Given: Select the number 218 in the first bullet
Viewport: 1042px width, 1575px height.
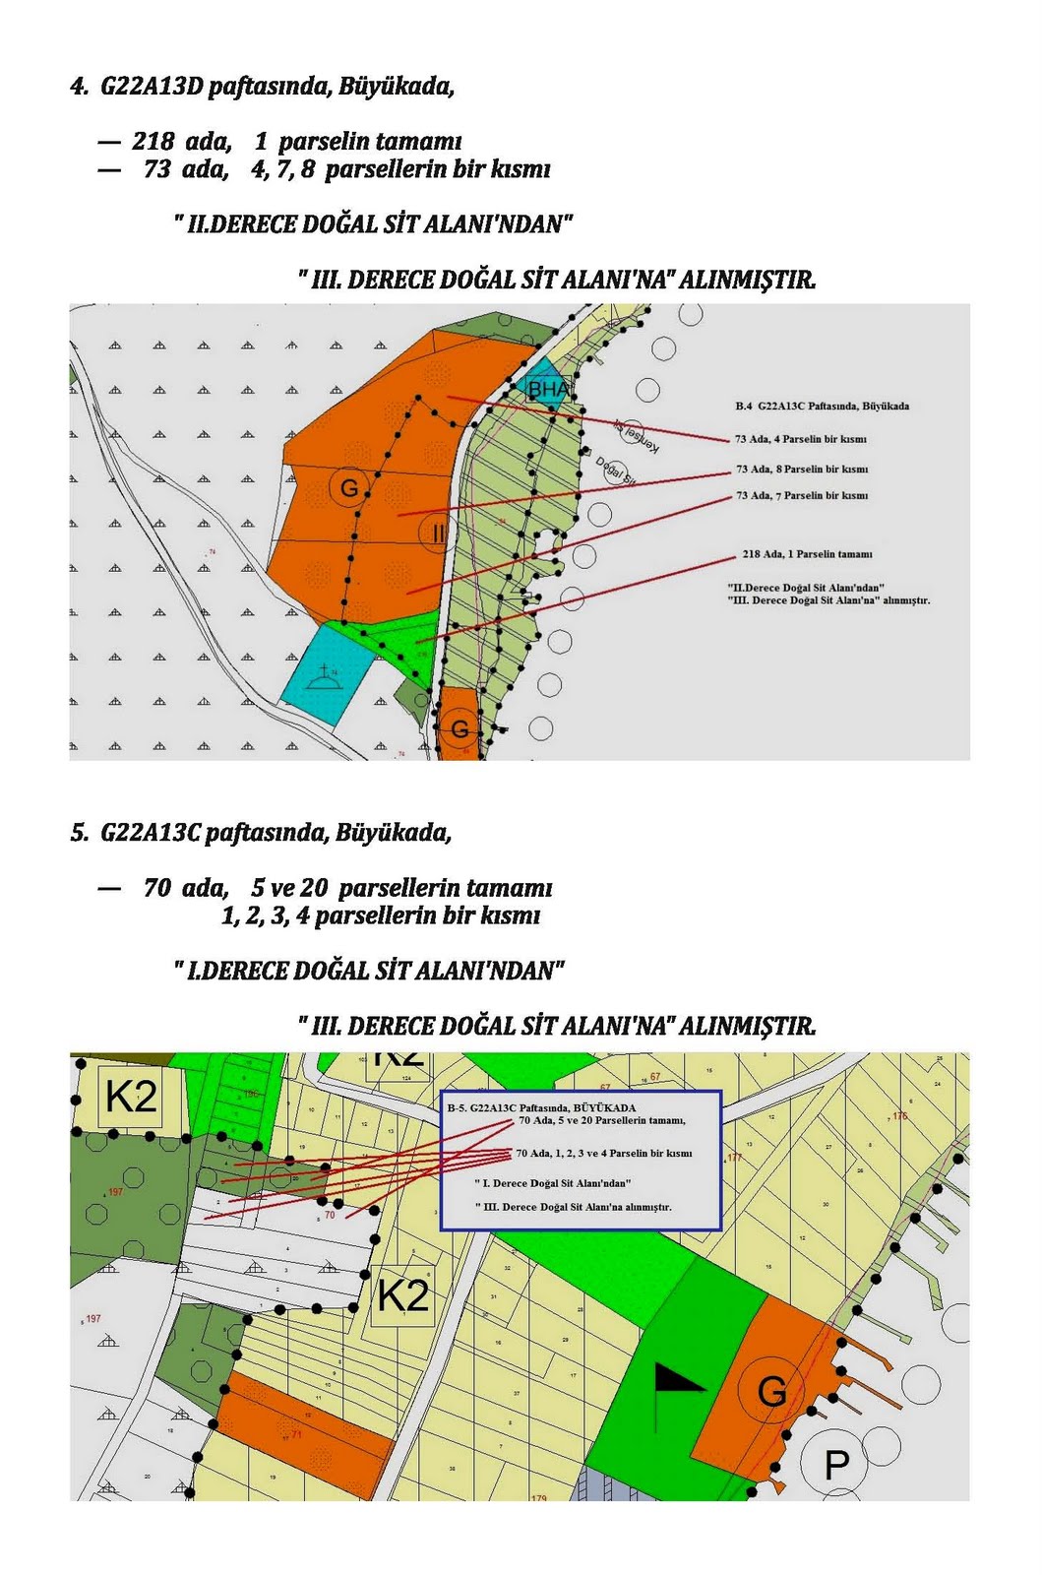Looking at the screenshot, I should (x=153, y=142).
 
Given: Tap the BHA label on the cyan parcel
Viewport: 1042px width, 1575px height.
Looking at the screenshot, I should (x=548, y=390).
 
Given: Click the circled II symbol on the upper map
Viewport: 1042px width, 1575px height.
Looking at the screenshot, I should (x=437, y=534).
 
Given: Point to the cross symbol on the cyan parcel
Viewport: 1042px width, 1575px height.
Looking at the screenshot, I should (x=325, y=674).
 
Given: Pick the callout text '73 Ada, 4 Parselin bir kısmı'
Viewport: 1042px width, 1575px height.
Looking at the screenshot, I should (x=800, y=439).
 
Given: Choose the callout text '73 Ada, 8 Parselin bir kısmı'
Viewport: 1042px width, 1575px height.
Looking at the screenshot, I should (x=802, y=470).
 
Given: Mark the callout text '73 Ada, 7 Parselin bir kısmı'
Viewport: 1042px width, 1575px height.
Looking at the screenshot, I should (x=802, y=496).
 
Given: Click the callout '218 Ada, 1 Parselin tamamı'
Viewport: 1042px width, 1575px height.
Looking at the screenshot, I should (x=807, y=554).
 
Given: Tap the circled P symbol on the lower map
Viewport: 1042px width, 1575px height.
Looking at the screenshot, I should (x=836, y=1465).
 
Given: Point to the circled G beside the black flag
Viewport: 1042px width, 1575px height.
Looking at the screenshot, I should (x=771, y=1391).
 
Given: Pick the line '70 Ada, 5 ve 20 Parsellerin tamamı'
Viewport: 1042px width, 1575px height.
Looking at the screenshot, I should (x=601, y=1120).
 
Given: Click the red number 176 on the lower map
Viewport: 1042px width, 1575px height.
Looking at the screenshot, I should (x=899, y=1116).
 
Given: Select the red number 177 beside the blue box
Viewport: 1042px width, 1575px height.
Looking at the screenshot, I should (x=735, y=1158).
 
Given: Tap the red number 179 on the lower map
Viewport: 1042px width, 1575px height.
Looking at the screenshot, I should (x=538, y=1498).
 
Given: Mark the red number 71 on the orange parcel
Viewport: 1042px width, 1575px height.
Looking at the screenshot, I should (x=296, y=1434).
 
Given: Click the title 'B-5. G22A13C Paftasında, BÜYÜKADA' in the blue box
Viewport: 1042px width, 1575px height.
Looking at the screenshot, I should (x=541, y=1107).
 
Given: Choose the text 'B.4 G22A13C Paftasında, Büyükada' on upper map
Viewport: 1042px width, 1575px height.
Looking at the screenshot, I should (x=822, y=406).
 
